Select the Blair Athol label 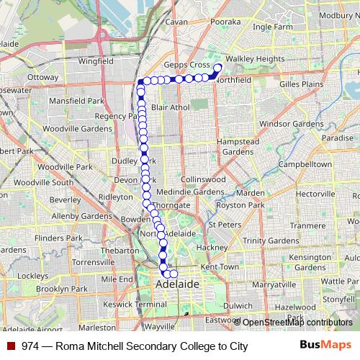170,107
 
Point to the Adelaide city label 178,285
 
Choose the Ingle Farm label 273,27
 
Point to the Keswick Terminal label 135,304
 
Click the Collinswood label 204,179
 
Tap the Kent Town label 219,266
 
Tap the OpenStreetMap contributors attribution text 297,323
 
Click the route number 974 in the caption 30,346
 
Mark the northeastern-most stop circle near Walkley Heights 218,68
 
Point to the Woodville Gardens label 55,127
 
